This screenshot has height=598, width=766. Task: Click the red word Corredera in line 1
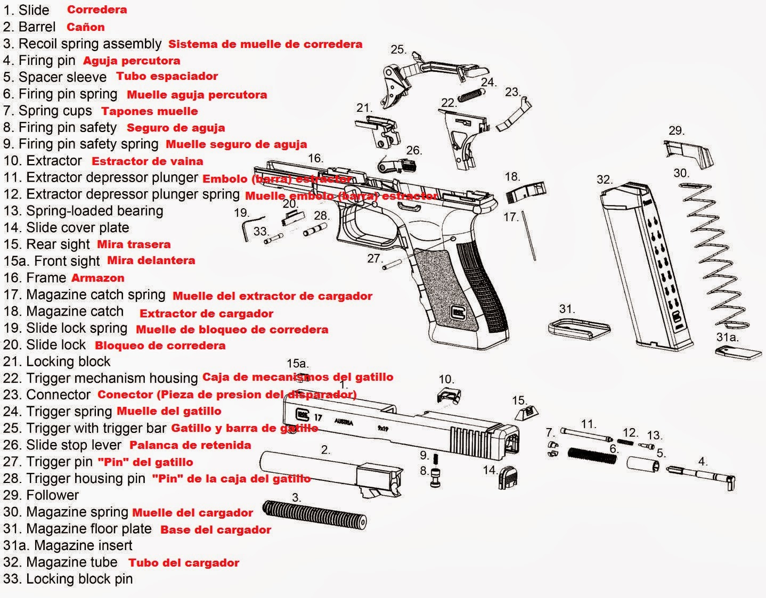[96, 10]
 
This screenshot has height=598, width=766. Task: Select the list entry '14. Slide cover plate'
[66, 227]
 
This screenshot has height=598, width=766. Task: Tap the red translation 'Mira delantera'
[151, 260]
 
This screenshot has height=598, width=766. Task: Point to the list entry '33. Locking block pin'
[68, 579]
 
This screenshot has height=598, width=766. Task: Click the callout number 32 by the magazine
[605, 179]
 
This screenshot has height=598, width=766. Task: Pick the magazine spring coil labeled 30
[714, 256]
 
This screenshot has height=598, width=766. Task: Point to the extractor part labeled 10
[449, 396]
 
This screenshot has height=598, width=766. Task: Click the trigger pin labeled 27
[391, 265]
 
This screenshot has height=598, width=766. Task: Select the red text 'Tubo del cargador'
[183, 563]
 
